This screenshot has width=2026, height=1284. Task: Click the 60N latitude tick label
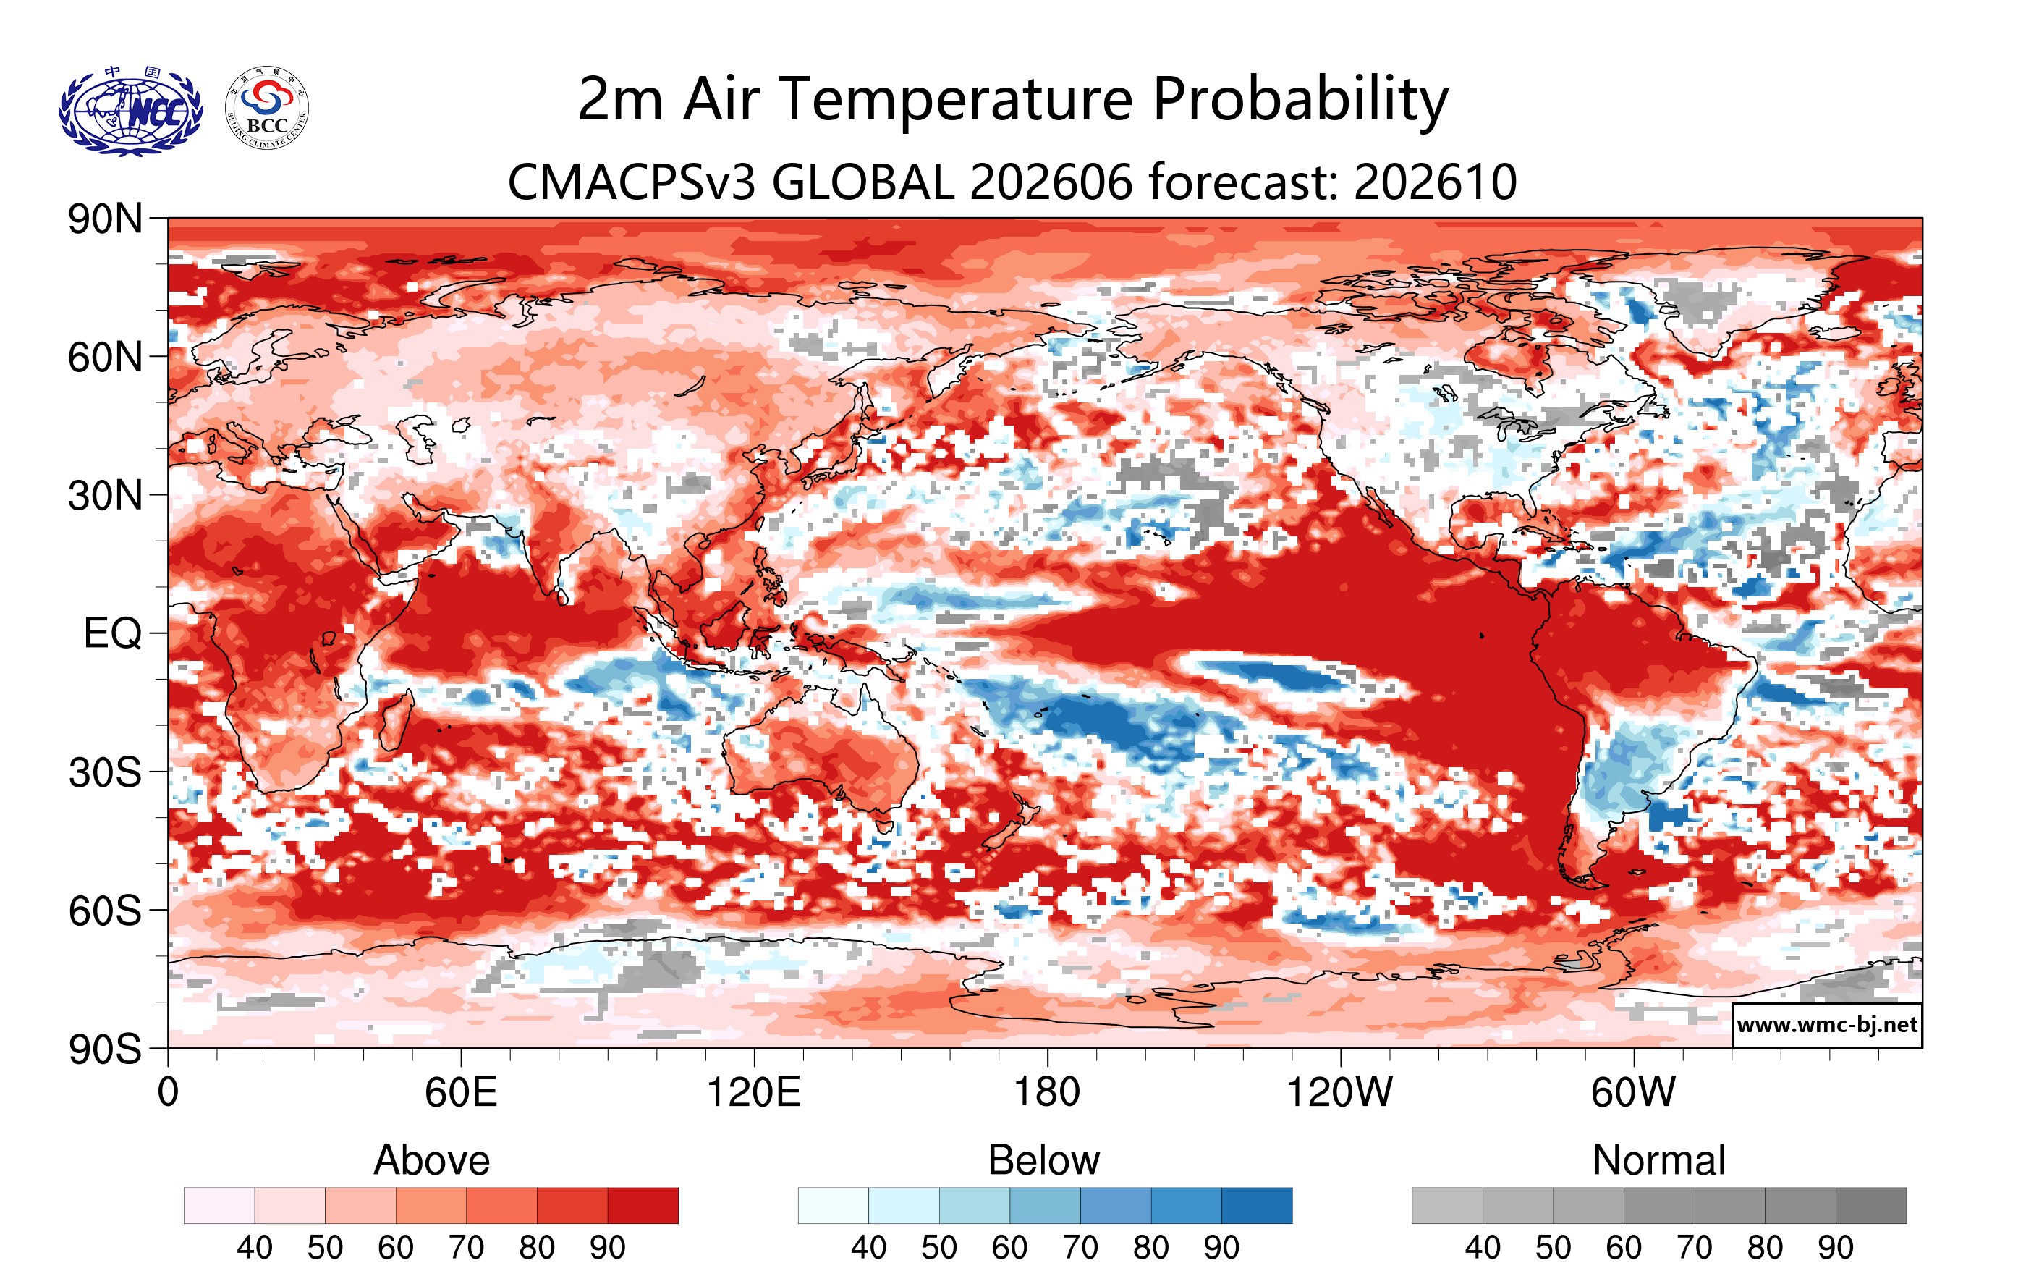pyautogui.click(x=105, y=358)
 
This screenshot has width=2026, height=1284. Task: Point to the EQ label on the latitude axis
pyautogui.click(x=113, y=633)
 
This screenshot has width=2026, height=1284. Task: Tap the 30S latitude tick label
pyautogui.click(x=105, y=772)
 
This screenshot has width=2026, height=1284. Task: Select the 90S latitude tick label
pyautogui.click(x=105, y=1049)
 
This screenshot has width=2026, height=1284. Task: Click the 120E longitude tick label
pyautogui.click(x=754, y=1092)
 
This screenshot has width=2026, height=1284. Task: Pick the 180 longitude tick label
pyautogui.click(x=1047, y=1092)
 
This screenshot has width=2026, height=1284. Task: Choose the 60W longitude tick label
pyautogui.click(x=1633, y=1092)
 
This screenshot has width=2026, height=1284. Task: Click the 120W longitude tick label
pyautogui.click(x=1339, y=1092)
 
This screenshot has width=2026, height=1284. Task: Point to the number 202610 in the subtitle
pyautogui.click(x=1436, y=182)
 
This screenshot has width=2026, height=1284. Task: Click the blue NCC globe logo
pyautogui.click(x=130, y=110)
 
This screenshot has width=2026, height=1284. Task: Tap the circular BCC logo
pyautogui.click(x=267, y=109)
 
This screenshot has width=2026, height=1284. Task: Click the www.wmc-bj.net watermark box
pyautogui.click(x=1826, y=1025)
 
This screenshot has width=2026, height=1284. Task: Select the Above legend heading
pyautogui.click(x=432, y=1160)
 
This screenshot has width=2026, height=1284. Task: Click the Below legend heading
pyautogui.click(x=1044, y=1160)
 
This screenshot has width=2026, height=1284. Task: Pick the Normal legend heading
pyautogui.click(x=1659, y=1160)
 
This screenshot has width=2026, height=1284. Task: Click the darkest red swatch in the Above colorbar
pyautogui.click(x=643, y=1206)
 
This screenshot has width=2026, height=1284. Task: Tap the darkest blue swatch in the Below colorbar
pyautogui.click(x=1257, y=1206)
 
